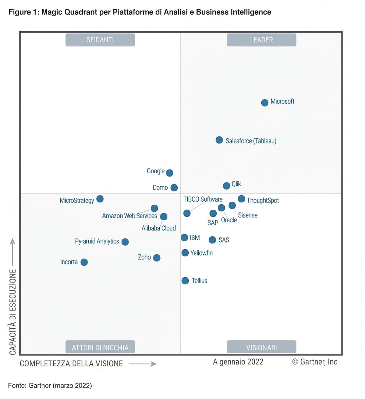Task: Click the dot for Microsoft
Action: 265,103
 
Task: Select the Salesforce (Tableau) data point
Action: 219,140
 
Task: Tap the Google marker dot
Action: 169,173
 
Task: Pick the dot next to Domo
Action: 174,188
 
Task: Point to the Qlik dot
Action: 226,186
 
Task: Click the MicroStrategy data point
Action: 100,199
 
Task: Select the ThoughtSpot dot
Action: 241,199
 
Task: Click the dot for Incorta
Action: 84,262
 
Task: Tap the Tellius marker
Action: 185,281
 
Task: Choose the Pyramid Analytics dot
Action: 125,242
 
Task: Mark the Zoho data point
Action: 157,258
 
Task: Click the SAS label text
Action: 224,240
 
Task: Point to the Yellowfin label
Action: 202,253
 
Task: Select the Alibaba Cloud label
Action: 159,228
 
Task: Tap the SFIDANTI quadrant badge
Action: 100,40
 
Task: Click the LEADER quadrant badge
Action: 262,40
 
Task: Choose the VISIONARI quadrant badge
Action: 262,347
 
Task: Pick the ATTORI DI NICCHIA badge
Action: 100,347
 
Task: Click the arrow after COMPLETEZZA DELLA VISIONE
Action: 142,364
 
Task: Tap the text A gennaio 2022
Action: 238,362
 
